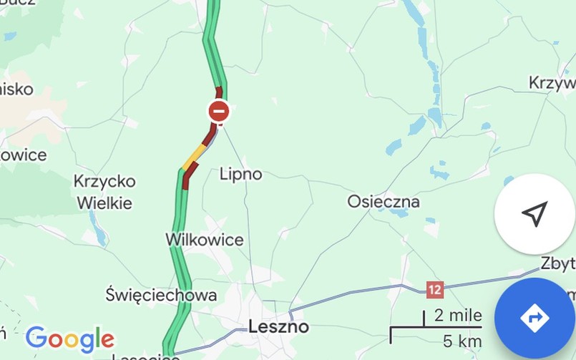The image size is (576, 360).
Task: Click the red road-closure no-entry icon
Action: click(219, 112)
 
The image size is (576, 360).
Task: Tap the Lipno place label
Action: click(240, 174)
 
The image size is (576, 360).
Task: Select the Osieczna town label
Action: click(384, 201)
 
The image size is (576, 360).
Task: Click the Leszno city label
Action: click(278, 327)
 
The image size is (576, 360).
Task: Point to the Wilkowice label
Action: click(205, 239)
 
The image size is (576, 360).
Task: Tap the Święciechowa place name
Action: click(161, 294)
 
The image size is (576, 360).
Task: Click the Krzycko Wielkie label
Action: click(103, 193)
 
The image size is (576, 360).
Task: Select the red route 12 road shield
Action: click(435, 290)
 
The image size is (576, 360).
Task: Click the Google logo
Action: click(69, 338)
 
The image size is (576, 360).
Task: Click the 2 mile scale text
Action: click(459, 316)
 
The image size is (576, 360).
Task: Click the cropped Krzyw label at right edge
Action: click(552, 83)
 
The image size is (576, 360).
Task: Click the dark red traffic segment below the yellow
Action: click(188, 178)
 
